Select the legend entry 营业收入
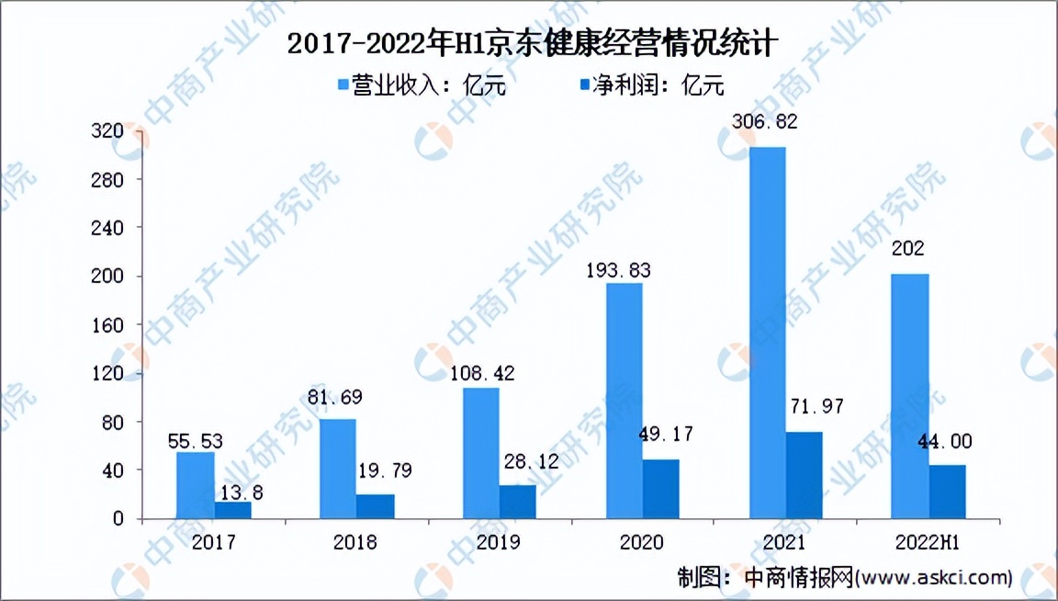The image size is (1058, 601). point(422,85)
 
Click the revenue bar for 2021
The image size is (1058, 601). point(767,333)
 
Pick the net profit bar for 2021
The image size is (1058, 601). point(804,475)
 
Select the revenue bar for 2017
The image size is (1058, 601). point(195,485)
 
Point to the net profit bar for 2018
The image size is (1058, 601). point(375,506)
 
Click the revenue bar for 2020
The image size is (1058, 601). point(624,401)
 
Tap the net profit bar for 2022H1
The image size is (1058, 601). point(947,492)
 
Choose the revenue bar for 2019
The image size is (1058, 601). point(481,453)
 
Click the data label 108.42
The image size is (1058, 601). point(482,374)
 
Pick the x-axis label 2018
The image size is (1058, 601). point(356,542)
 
